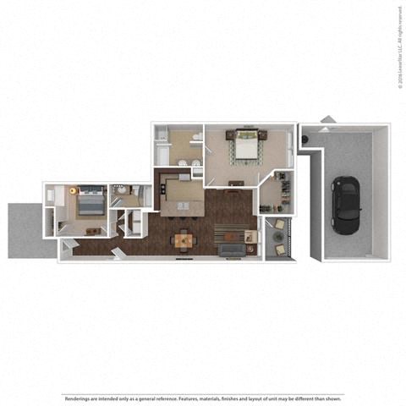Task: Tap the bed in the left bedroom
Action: point(90,204)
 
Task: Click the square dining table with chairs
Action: point(184,241)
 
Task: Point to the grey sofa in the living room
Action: point(230,250)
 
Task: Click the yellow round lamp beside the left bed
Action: point(74,191)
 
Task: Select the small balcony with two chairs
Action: point(277,239)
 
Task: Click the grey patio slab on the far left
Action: point(24,230)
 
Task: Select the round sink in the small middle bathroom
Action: point(124,189)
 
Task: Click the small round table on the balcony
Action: point(277,239)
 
